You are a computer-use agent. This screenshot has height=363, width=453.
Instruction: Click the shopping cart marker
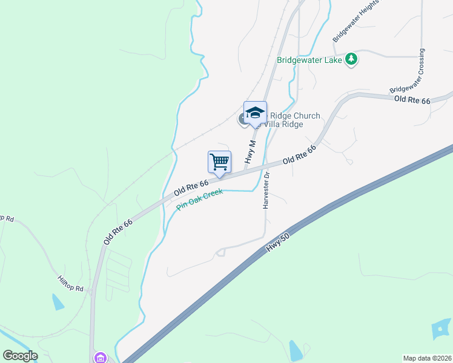click(219, 162)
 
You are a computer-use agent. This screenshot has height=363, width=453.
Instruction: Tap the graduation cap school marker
click(255, 113)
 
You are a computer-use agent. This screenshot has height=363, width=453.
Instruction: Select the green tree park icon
click(351, 59)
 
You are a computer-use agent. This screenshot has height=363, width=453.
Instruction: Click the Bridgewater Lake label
click(309, 60)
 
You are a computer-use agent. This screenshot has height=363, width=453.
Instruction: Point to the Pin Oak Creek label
click(200, 200)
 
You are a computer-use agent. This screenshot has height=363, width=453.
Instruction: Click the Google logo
click(20, 356)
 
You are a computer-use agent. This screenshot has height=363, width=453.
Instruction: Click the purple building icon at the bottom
click(99, 358)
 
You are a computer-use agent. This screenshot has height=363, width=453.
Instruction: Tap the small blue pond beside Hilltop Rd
click(58, 301)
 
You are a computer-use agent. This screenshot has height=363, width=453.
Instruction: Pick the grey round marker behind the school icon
click(243, 119)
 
